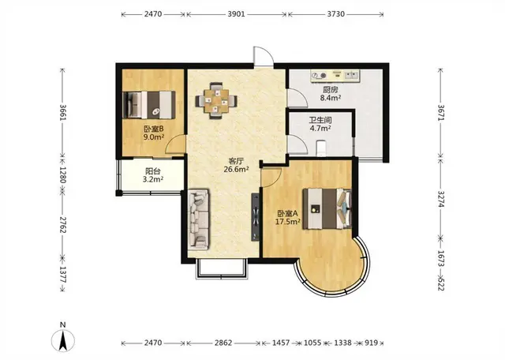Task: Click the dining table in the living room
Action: tap(216, 101)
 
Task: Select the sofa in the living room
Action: tap(198, 219)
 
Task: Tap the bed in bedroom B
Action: tap(149, 105)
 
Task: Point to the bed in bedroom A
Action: tap(327, 209)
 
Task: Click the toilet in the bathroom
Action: tap(322, 148)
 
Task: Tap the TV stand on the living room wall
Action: tap(256, 217)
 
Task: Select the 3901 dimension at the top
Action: tap(237, 14)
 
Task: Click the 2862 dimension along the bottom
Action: tap(223, 343)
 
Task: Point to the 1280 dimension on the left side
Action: tap(63, 174)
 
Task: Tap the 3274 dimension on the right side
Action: tap(441, 199)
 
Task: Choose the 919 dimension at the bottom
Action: tap(372, 343)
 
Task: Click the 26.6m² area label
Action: tap(237, 169)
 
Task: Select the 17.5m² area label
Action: tap(287, 221)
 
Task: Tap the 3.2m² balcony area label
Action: tap(152, 179)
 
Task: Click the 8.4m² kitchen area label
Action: tap(331, 97)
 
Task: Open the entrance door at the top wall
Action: tap(264, 57)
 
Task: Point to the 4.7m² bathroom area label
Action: tap(320, 128)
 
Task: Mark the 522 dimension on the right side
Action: tap(441, 283)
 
